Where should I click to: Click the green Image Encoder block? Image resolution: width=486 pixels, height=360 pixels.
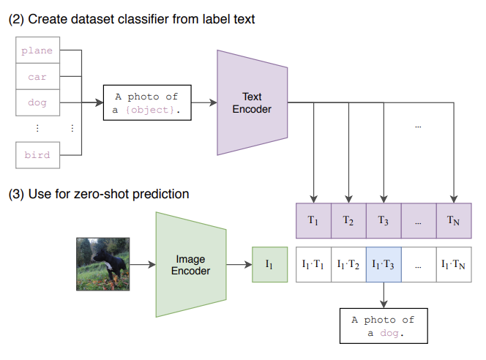190,264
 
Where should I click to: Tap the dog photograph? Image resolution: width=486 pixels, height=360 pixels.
103,264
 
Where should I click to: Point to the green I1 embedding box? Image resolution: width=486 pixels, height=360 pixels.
270,265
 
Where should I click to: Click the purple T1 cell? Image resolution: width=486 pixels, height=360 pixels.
313,220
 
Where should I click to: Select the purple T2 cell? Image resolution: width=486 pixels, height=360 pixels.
348,220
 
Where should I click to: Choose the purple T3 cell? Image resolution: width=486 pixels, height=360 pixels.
384,220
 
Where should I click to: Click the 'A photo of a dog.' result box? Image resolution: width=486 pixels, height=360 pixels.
383,326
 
